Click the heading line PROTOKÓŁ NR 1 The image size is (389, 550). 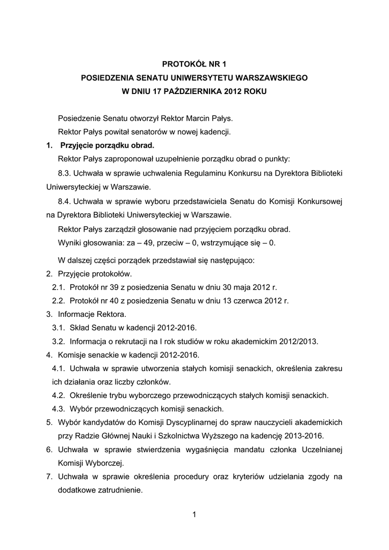tap(194, 63)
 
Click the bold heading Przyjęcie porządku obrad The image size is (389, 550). tap(107, 145)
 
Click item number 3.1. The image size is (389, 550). tap(59, 328)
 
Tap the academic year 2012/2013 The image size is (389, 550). tap(298, 341)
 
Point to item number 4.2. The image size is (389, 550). tap(59, 395)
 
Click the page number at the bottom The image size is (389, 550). tap(194, 516)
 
